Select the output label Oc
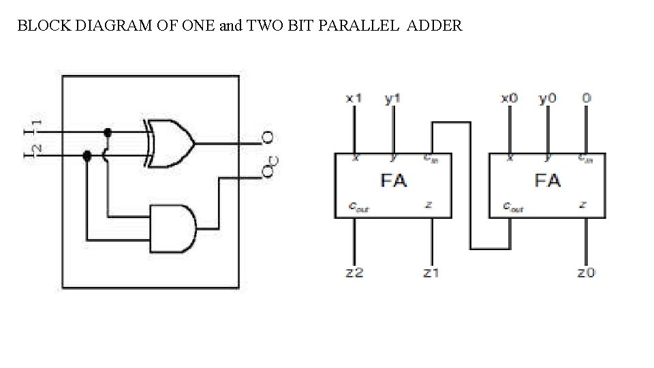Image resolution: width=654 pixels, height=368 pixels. pyautogui.click(x=270, y=166)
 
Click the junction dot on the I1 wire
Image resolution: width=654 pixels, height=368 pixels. pyautogui.click(x=107, y=132)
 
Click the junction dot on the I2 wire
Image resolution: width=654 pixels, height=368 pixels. pyautogui.click(x=87, y=156)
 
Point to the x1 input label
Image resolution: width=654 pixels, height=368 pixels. pyautogui.click(x=354, y=99)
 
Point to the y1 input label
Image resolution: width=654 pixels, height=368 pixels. pyautogui.click(x=392, y=99)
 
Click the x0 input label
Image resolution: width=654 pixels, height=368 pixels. pyautogui.click(x=509, y=99)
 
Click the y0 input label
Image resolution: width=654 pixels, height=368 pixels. pyautogui.click(x=547, y=99)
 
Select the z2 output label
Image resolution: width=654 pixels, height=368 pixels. pyautogui.click(x=354, y=273)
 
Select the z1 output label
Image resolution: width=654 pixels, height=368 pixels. pyautogui.click(x=431, y=273)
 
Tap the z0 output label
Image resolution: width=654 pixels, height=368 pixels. pyautogui.click(x=586, y=273)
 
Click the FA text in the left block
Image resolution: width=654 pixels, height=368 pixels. pyautogui.click(x=393, y=181)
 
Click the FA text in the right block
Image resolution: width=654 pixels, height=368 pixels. pyautogui.click(x=548, y=181)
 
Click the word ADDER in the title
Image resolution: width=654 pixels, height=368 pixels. pyautogui.click(x=436, y=27)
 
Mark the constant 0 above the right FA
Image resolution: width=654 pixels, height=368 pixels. pyautogui.click(x=586, y=99)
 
